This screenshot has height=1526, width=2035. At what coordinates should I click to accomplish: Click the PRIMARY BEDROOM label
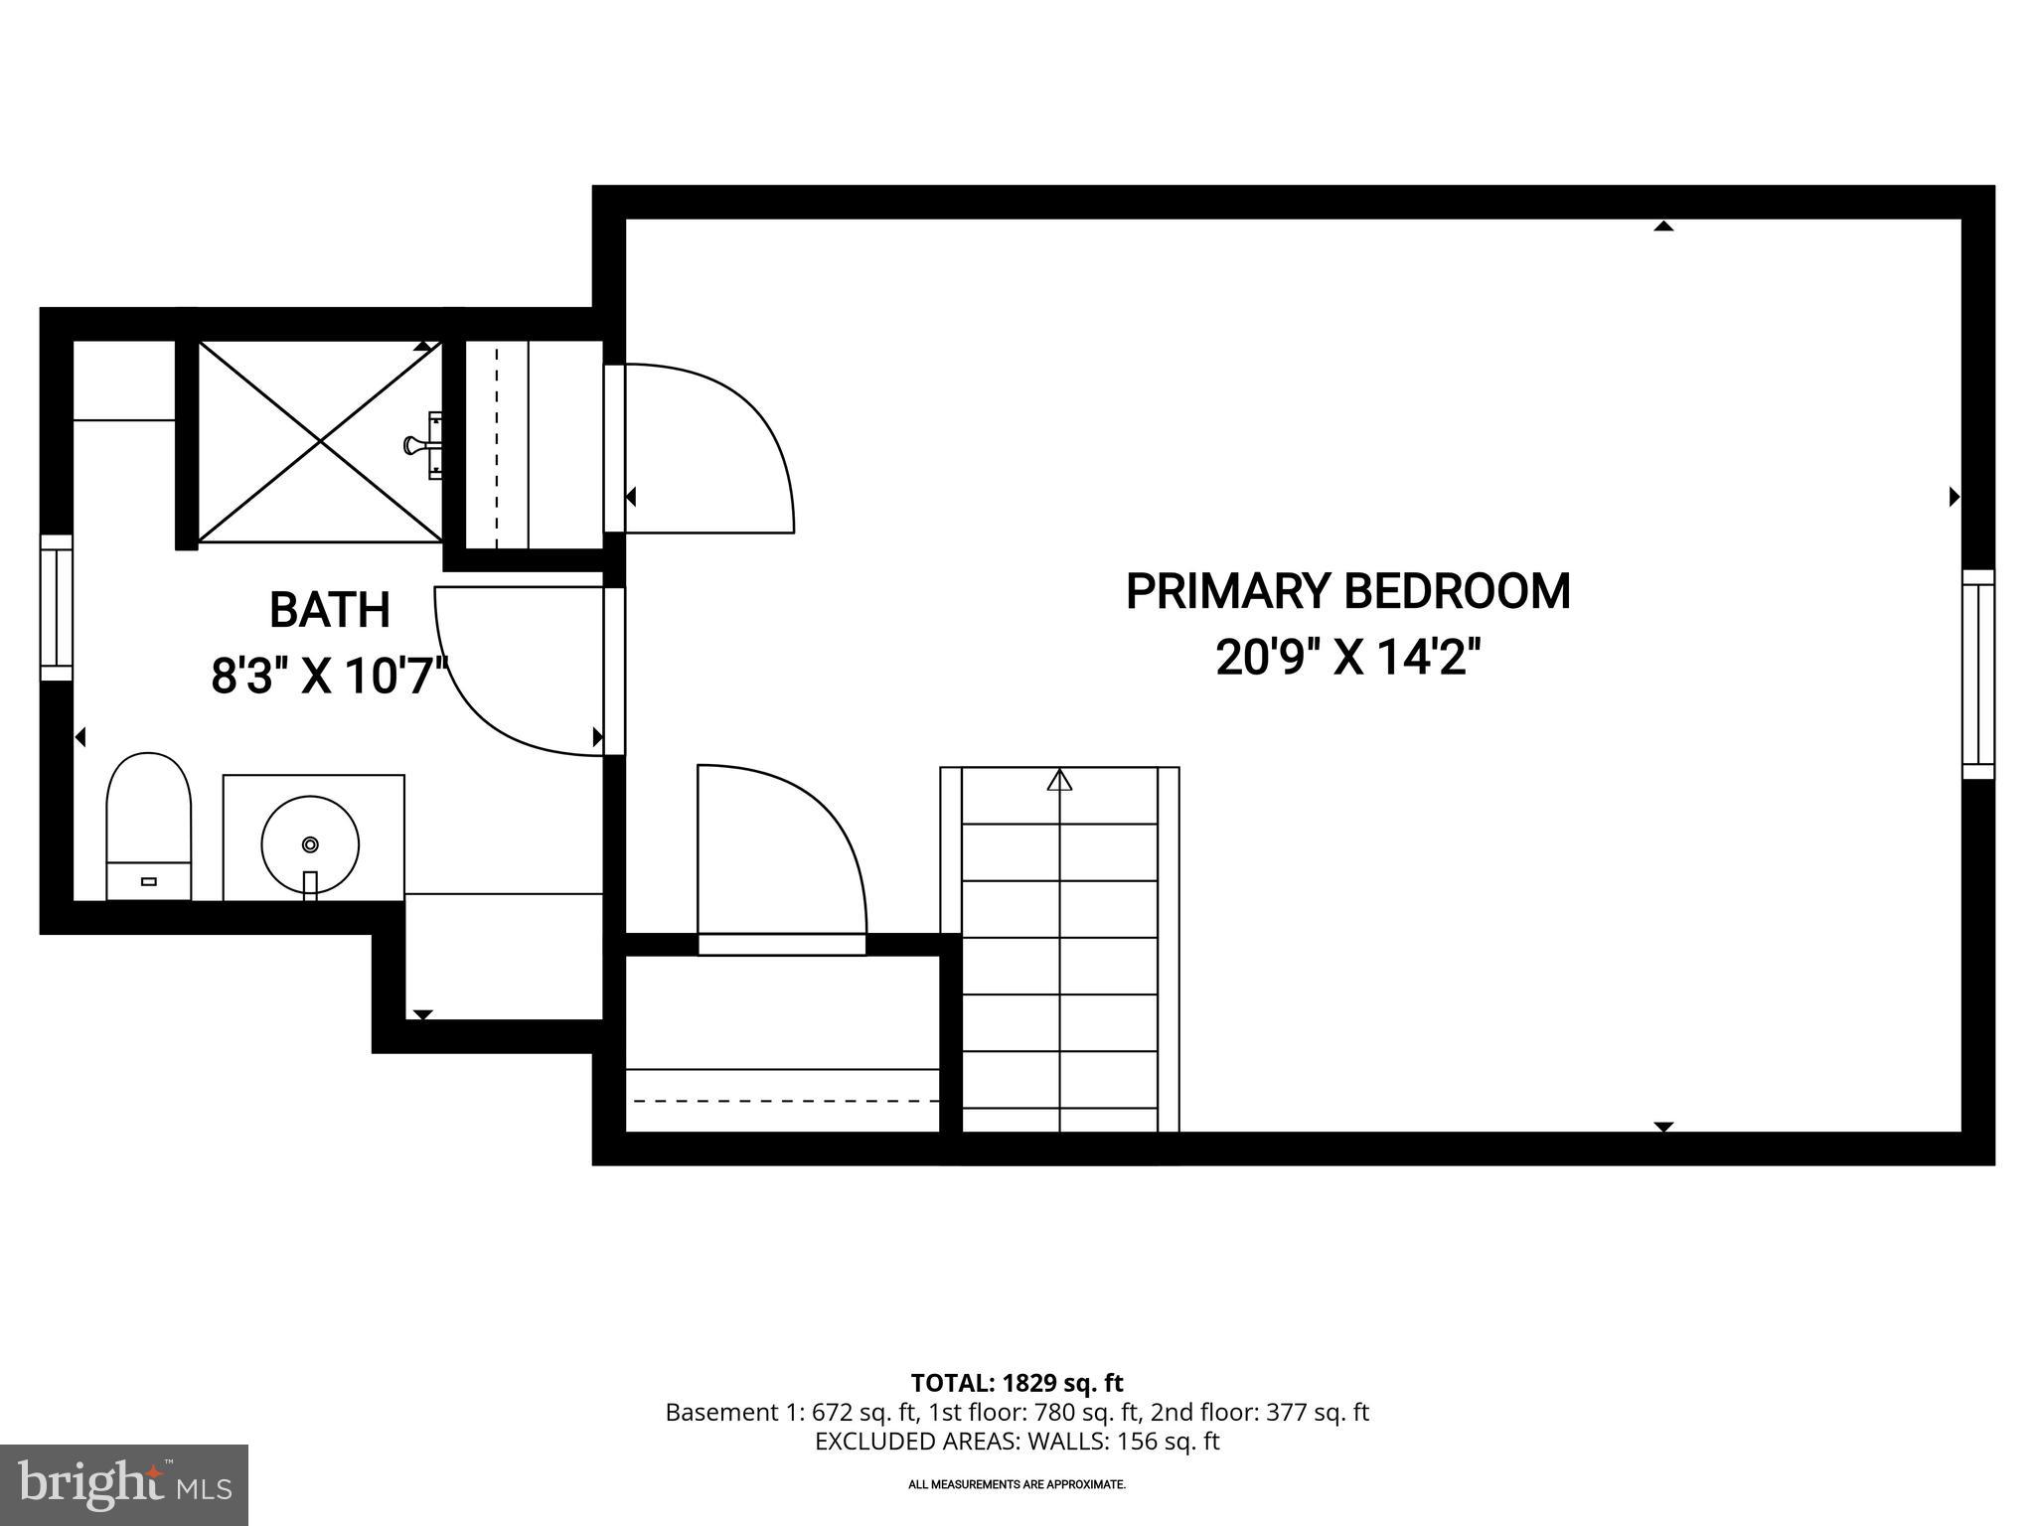pos(1347,592)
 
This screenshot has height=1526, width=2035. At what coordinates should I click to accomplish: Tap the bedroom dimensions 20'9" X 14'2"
pos(1347,658)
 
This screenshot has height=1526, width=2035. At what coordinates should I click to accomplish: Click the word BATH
pos(330,610)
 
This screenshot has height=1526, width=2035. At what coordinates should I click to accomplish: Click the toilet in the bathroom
pos(148,825)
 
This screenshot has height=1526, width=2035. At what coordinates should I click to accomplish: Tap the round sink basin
pos(310,844)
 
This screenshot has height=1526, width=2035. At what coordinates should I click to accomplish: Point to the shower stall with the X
pos(319,442)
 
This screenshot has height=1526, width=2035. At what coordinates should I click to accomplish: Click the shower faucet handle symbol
pos(421,445)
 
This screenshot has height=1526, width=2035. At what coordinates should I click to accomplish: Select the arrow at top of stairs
pos(1059,781)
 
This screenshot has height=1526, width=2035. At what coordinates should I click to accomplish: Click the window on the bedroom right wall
pos(1977,674)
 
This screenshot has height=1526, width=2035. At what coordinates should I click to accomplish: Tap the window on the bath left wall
pos(56,608)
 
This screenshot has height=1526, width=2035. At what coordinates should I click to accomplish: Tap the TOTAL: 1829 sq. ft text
pos(1017,1383)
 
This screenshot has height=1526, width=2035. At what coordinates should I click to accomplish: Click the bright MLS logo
pos(123,1484)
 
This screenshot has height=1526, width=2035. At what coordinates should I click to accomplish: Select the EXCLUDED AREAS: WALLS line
pos(1017,1442)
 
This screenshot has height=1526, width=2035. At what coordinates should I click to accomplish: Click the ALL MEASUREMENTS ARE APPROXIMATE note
pos(1017,1484)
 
